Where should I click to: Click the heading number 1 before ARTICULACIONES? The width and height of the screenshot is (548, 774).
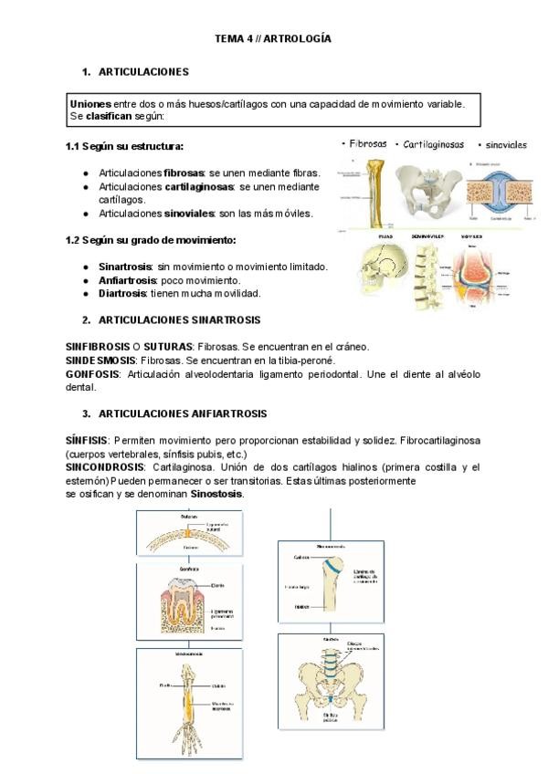[x=85, y=71]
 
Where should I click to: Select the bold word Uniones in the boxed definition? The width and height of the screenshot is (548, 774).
[x=88, y=104]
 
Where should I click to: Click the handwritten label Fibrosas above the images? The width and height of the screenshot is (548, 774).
[x=365, y=143]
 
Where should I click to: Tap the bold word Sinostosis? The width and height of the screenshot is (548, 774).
[x=216, y=493]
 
